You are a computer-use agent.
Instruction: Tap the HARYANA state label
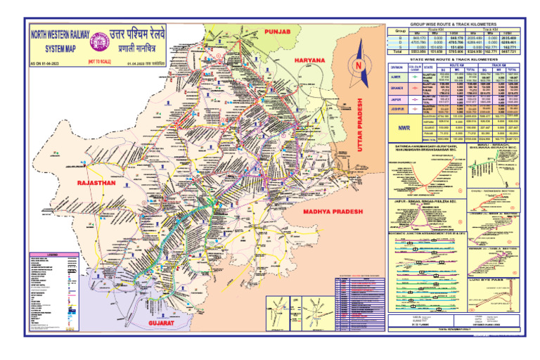309,61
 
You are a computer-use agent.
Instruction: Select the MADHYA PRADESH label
332,211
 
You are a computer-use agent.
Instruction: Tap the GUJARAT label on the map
165,323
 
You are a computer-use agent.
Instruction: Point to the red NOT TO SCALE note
98,63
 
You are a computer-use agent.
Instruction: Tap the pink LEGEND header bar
58,253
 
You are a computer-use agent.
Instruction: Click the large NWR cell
404,129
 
